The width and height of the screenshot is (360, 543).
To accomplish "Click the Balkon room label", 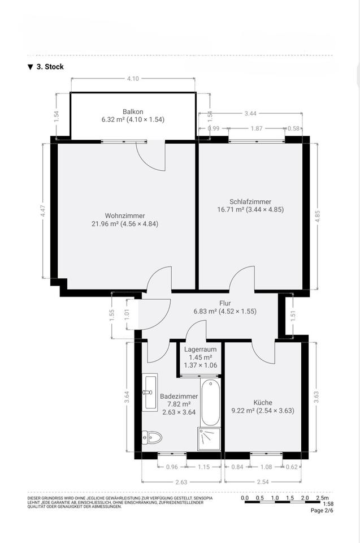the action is [x=133, y=111].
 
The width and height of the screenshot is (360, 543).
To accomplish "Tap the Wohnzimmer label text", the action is [x=125, y=216].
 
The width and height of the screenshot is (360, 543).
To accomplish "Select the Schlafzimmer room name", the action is [x=250, y=201].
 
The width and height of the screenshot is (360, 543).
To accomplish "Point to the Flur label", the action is [x=225, y=303].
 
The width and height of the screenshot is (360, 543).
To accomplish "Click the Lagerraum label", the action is [x=201, y=350].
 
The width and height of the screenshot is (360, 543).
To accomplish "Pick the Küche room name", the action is [x=263, y=402].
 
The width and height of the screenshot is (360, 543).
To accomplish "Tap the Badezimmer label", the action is [x=179, y=396].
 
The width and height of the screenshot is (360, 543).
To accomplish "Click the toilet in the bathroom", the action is [x=152, y=437].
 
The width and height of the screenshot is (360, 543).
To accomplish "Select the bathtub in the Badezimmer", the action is [x=210, y=402].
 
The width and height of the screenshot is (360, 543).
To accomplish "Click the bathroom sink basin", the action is [x=150, y=392].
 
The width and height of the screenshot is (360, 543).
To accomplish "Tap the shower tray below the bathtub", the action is [x=209, y=439].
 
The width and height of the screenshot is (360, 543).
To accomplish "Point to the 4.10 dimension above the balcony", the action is [x=133, y=79].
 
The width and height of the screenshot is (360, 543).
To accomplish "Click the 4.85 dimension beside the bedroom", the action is [x=318, y=217].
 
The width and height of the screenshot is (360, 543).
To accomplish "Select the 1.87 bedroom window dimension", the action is [x=257, y=128].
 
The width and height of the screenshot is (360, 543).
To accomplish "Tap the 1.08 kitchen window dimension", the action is [x=266, y=467].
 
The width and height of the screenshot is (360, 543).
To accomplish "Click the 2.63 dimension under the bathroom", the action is [x=181, y=482].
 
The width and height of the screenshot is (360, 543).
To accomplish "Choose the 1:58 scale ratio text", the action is [x=328, y=504].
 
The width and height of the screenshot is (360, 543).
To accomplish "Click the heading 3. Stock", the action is [x=50, y=67].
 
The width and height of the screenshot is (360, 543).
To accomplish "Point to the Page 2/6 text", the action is [x=322, y=510].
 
